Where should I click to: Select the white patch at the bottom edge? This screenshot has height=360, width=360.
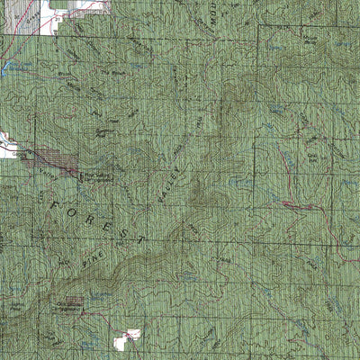pyautogui.click(x=126, y=338)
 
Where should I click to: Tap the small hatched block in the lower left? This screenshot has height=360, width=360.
pyautogui.click(x=73, y=300)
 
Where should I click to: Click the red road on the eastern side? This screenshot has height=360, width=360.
pyautogui.click(x=292, y=205)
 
